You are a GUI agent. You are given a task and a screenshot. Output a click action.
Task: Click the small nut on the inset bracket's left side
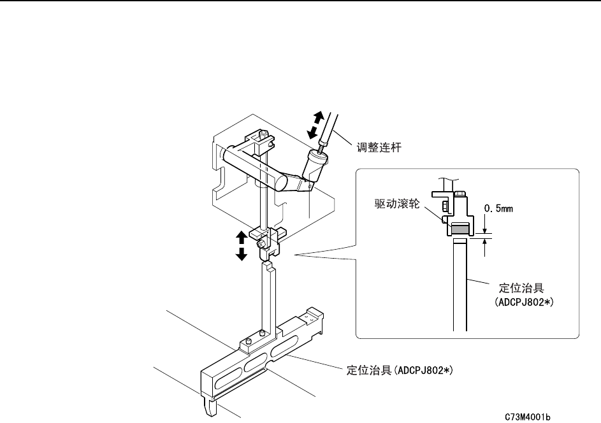point(443,204)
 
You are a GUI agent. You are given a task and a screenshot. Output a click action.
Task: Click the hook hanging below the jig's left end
point(210,407)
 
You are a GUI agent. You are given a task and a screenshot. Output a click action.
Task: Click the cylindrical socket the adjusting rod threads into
point(315,164)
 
